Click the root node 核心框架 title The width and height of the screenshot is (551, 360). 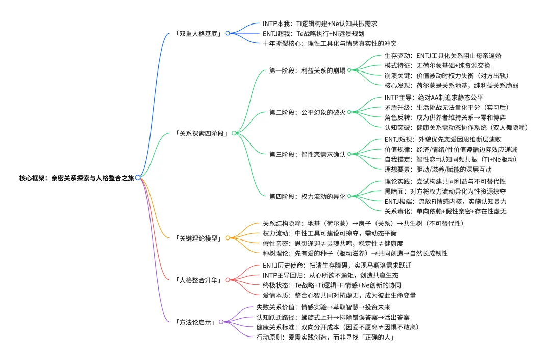coord(77,178)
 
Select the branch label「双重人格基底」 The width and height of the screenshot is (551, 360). coord(200,33)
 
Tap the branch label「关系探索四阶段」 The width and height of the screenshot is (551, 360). coord(203,133)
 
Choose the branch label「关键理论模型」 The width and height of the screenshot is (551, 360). coord(199,238)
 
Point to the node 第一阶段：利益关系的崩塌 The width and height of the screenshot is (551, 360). coord(307,70)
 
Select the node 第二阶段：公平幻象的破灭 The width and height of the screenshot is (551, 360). coord(307,112)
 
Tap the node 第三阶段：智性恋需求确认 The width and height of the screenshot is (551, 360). coord(307,154)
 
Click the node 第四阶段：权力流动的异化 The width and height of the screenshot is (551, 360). coord(307,196)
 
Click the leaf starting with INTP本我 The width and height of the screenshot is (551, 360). coord(319,23)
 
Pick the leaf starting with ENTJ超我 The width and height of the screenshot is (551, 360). coord(313,33)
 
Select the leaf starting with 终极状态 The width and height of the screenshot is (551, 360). coord(332,285)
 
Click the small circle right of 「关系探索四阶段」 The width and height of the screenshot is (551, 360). coord(234,133)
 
